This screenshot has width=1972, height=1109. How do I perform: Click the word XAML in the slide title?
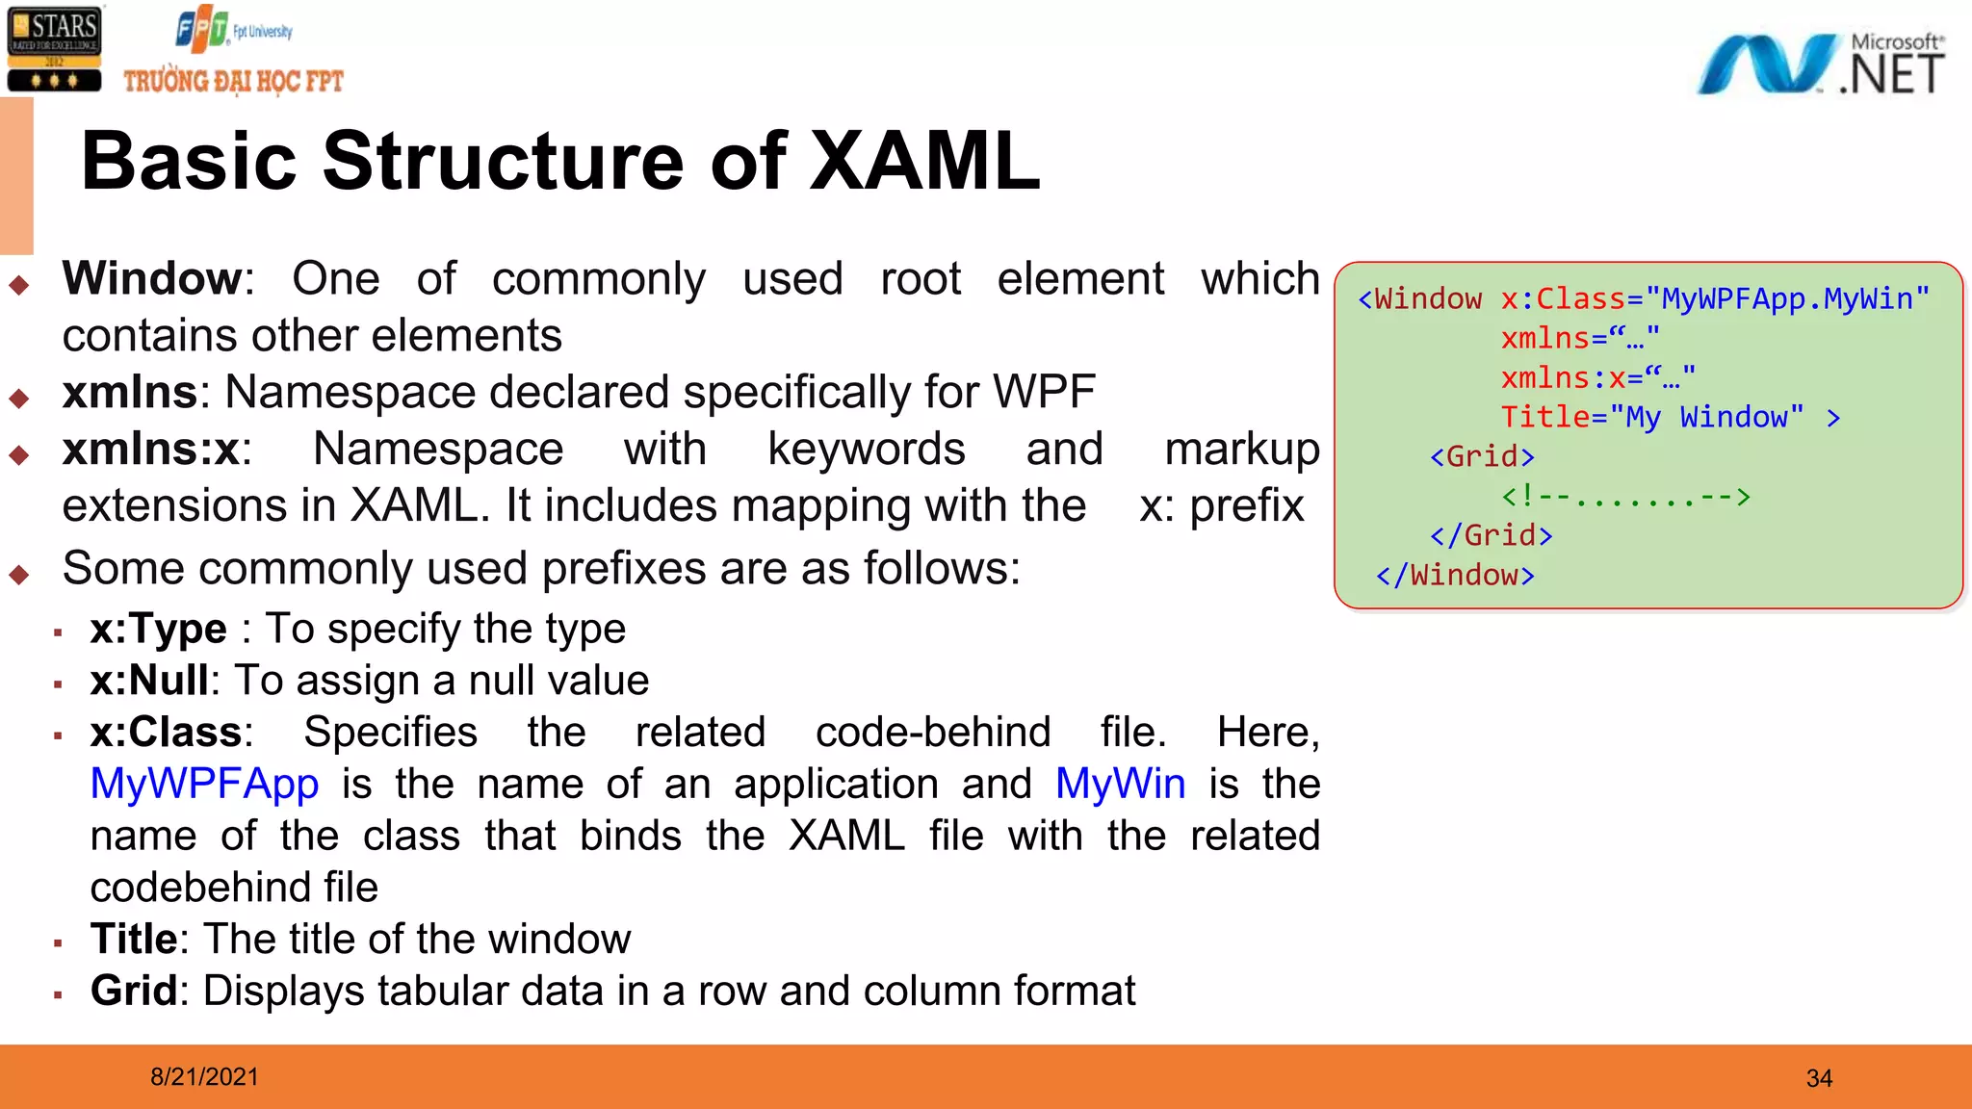click(x=924, y=161)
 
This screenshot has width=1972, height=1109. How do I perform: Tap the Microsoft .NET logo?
click(x=1820, y=65)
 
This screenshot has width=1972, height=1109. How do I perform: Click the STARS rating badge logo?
click(x=54, y=50)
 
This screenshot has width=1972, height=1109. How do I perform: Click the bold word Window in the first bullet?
click(x=152, y=279)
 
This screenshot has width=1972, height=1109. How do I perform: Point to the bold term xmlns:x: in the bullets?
click(x=156, y=450)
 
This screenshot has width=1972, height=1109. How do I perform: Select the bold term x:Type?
click(x=158, y=630)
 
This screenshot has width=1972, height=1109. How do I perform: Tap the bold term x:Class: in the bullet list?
click(x=171, y=733)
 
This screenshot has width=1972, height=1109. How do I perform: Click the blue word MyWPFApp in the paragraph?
click(x=204, y=785)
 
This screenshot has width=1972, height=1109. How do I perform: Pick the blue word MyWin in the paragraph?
click(x=1120, y=785)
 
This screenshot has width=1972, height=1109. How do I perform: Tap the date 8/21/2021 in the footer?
click(x=204, y=1077)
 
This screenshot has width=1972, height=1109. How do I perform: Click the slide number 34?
click(x=1819, y=1078)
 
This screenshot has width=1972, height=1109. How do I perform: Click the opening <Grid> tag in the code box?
click(x=1482, y=456)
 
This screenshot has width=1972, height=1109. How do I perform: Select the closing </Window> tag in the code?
click(x=1455, y=576)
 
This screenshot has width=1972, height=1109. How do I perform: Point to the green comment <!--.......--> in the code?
click(x=1625, y=497)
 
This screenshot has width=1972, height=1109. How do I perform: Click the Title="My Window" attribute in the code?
click(x=1652, y=417)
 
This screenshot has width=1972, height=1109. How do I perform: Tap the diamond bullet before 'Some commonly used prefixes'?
click(x=19, y=575)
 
